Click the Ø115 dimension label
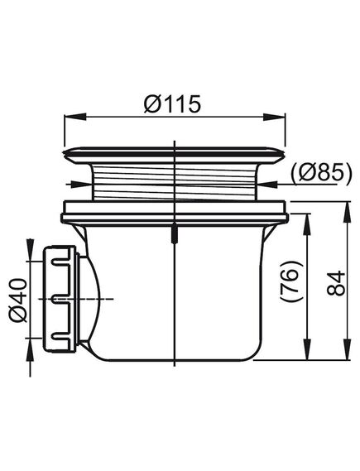point(172,103)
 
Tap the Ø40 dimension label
point(18,300)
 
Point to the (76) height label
point(291,281)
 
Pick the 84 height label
point(336,283)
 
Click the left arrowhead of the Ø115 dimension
point(75,118)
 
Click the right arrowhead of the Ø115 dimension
point(274,118)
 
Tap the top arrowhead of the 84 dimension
point(347,213)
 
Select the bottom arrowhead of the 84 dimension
point(347,348)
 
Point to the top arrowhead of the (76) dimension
point(307,224)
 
